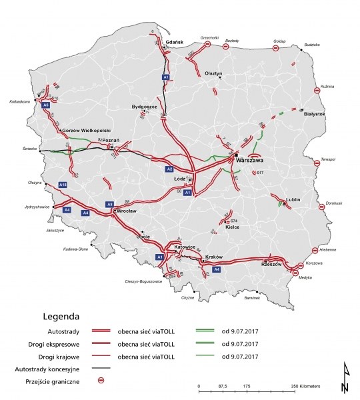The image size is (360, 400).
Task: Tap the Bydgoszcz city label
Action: (144, 107)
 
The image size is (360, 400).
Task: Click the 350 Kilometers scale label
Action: (306, 386)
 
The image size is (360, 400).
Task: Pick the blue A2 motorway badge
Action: (170, 169)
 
